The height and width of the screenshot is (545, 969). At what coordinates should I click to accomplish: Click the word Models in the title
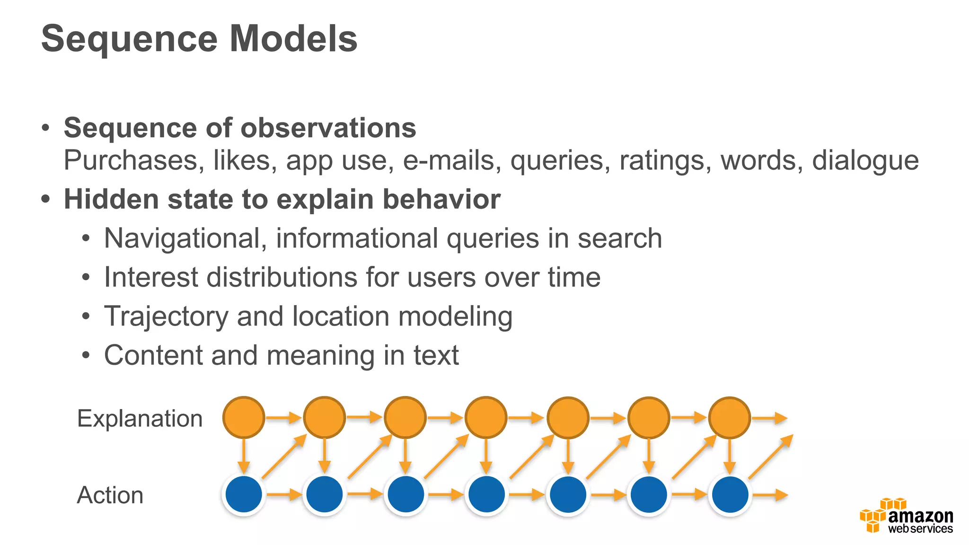293,39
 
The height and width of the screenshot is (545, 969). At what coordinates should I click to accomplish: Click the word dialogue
865,161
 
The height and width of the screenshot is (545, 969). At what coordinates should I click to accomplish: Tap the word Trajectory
166,316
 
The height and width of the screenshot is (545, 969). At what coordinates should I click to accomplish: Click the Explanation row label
140,419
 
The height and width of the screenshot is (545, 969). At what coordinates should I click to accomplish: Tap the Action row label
110,495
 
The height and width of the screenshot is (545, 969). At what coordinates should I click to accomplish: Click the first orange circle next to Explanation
244,417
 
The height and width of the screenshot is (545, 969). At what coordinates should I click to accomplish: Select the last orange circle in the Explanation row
730,417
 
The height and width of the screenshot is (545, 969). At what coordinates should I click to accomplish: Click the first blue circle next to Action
244,495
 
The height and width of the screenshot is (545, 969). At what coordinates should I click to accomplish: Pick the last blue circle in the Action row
730,495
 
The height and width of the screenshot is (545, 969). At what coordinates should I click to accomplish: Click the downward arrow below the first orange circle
244,456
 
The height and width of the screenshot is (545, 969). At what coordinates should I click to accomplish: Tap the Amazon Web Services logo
907,517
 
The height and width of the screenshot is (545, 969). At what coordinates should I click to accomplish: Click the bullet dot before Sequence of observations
45,128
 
